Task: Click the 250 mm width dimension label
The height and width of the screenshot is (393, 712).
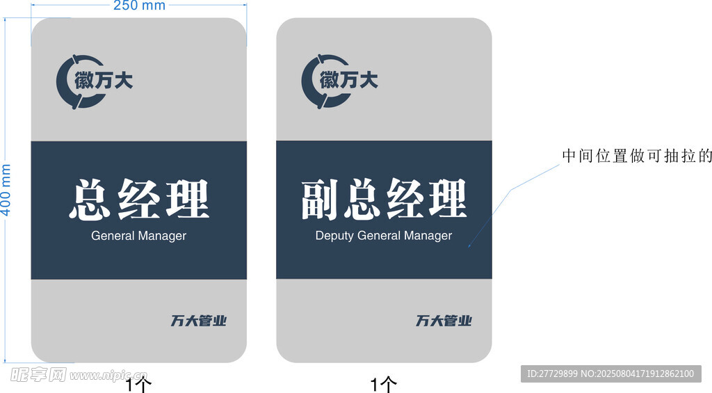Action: [x=139, y=6]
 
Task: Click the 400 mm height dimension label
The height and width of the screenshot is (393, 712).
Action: [x=6, y=189]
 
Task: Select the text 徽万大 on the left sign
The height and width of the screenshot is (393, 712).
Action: [x=104, y=81]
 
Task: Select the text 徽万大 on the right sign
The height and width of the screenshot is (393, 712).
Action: [x=349, y=81]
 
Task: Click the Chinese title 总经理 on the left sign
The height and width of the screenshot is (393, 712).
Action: [x=139, y=200]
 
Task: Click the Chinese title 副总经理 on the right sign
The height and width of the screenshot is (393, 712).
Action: [x=384, y=200]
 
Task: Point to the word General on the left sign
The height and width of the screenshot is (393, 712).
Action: [x=113, y=236]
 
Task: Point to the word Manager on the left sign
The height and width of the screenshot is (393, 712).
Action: [x=162, y=236]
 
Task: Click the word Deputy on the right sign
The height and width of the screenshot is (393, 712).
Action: [x=334, y=236]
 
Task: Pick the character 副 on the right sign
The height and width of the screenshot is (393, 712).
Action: [x=319, y=200]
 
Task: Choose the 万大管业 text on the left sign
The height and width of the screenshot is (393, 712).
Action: [x=199, y=321]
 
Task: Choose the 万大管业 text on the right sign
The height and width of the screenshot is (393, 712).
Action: [x=444, y=321]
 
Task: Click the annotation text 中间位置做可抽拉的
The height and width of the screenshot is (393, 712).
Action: [x=637, y=156]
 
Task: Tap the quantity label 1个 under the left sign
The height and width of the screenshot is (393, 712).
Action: [x=139, y=384]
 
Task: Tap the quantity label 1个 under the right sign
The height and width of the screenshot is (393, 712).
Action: [x=384, y=384]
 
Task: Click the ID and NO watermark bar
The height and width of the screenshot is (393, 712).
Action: [x=610, y=374]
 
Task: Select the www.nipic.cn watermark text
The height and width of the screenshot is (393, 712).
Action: [x=108, y=376]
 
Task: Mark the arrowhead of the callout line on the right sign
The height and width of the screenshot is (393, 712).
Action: [x=469, y=246]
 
